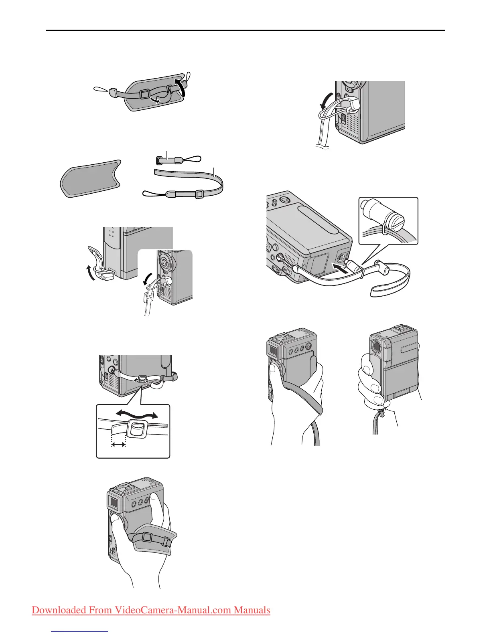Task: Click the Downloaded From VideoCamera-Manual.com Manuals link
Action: pos(151,610)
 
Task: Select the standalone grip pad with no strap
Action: pos(91,178)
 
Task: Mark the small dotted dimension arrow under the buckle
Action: pos(119,444)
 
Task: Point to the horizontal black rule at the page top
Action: pos(245,30)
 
